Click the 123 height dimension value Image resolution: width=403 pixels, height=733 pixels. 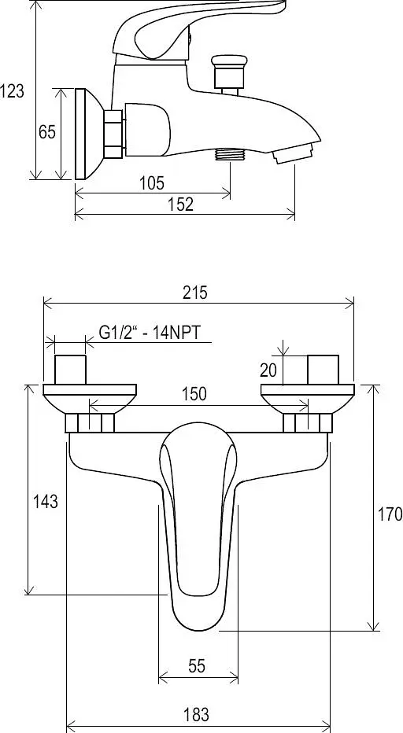[x=12, y=90]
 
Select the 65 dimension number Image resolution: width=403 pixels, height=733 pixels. [x=46, y=132]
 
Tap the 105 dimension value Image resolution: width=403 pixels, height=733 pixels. [x=152, y=182]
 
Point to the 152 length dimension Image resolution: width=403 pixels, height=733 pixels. [x=181, y=204]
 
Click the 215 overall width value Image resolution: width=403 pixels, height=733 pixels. [x=194, y=293]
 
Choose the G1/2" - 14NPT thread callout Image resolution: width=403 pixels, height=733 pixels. [x=150, y=333]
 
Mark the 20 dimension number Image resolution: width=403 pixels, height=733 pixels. [x=268, y=370]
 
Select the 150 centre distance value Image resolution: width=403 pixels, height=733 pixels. [x=194, y=393]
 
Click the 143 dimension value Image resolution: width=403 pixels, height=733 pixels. [x=46, y=502]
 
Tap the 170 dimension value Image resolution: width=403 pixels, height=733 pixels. [x=390, y=514]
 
